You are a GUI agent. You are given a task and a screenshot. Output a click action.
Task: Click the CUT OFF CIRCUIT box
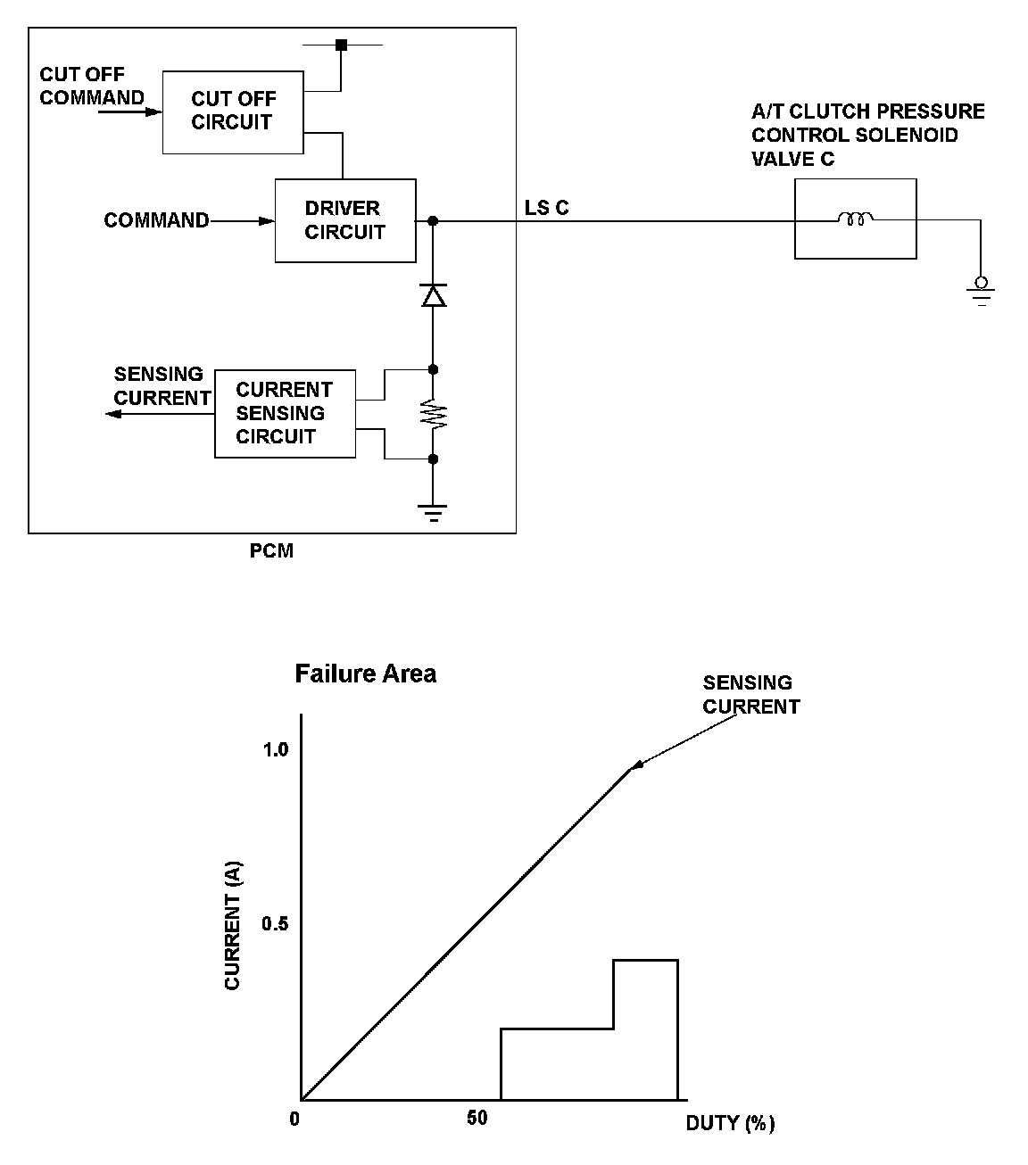(x=233, y=112)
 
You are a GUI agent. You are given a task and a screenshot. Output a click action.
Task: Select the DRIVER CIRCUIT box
(x=344, y=220)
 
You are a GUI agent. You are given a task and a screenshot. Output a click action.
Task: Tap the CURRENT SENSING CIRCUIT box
(x=285, y=413)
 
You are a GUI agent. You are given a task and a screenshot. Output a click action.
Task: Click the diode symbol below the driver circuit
(x=433, y=295)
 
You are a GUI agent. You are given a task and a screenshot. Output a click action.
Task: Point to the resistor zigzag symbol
(x=433, y=415)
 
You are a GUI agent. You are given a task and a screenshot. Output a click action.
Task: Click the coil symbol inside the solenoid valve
(x=855, y=219)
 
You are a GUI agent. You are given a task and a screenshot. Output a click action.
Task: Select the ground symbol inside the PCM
(x=433, y=511)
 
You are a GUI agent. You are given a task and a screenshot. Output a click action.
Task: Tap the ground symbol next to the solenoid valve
(x=981, y=293)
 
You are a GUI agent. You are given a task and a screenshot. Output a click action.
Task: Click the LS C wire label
(x=546, y=208)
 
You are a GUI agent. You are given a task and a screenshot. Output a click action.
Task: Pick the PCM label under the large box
(x=271, y=551)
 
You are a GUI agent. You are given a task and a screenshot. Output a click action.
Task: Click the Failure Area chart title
(x=366, y=673)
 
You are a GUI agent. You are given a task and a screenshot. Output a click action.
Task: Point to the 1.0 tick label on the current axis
(x=275, y=749)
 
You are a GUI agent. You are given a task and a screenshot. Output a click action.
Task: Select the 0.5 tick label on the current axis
(x=275, y=923)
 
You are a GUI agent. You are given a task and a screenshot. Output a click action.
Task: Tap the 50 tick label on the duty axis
(x=477, y=1118)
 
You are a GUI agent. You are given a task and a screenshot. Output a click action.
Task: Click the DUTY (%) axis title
(x=730, y=1123)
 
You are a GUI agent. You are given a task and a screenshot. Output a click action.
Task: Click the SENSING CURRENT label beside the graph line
(x=750, y=695)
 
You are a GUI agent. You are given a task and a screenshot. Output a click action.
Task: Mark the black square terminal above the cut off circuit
(x=340, y=45)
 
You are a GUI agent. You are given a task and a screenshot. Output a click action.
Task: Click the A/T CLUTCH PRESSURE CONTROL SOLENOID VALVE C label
(x=867, y=135)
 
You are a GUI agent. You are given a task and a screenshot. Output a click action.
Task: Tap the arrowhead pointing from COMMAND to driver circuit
(x=266, y=220)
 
